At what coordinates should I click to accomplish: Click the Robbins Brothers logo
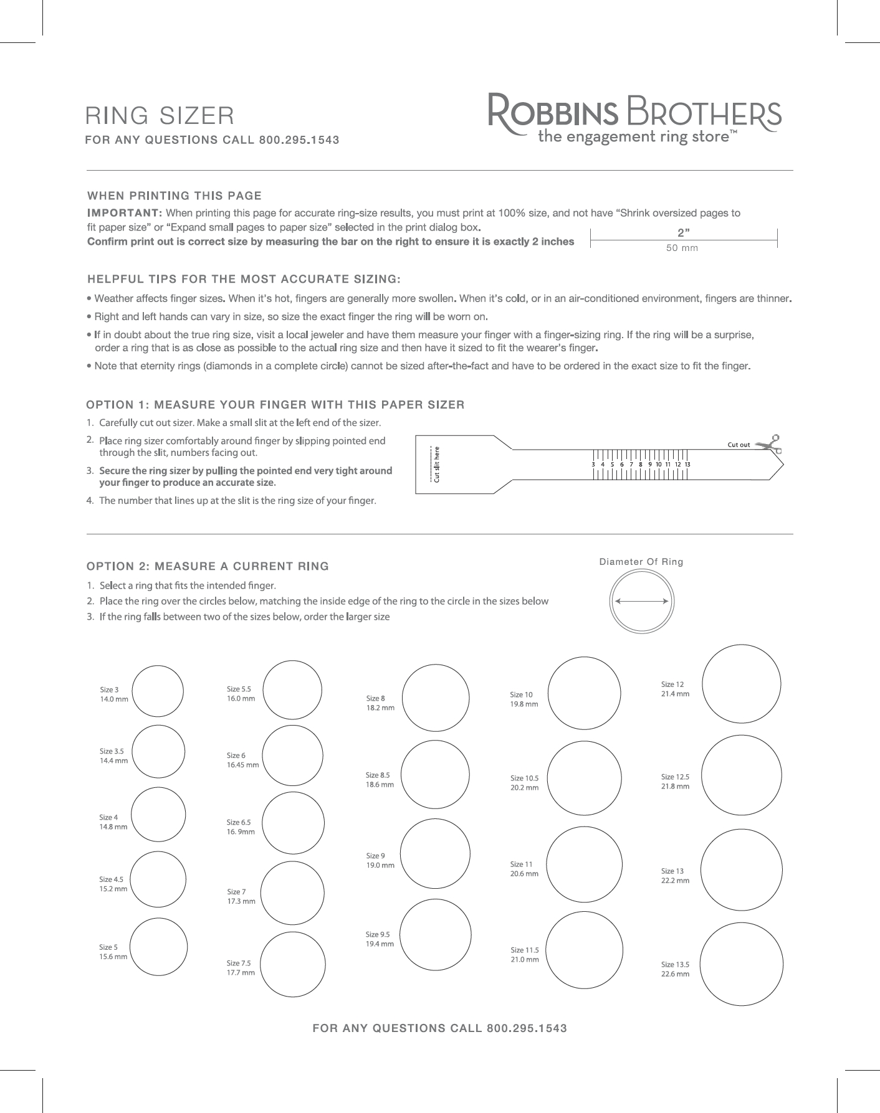[634, 118]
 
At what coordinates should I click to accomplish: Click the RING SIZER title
[160, 115]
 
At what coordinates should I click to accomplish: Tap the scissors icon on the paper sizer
[770, 443]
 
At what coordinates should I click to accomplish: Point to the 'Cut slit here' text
[437, 464]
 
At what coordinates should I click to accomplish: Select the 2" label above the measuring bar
[684, 233]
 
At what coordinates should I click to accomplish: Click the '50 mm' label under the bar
[682, 248]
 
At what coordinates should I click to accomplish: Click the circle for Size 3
[158, 691]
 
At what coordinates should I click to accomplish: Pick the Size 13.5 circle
[742, 965]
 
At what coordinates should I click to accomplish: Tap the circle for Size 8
[436, 697]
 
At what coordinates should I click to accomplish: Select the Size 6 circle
[293, 755]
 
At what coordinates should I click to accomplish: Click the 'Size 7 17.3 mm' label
[241, 896]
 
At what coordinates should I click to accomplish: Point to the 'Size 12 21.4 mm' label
[675, 689]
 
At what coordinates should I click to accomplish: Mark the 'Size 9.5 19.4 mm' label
[380, 939]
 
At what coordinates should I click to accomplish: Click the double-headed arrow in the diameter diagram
[642, 601]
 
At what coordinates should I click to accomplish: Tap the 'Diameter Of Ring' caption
[641, 562]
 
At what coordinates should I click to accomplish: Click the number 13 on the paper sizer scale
[687, 464]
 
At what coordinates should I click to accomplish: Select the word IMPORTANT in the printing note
[125, 213]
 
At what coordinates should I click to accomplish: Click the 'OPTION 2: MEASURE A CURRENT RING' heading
[208, 566]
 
